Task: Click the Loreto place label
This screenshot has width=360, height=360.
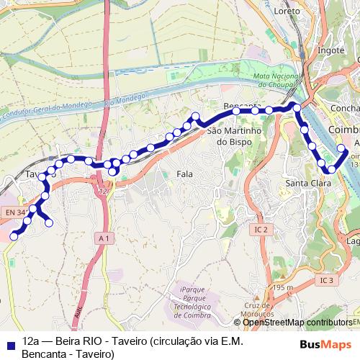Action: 287,12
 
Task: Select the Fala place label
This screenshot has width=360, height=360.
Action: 185,174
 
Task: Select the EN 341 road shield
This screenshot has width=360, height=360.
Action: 14,212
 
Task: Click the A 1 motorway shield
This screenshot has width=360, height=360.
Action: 104,238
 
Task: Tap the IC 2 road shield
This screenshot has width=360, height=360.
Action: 261,230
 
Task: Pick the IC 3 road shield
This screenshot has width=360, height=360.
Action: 328,279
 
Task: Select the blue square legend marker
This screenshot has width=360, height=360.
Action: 9,343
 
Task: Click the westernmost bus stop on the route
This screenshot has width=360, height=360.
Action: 13,236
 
